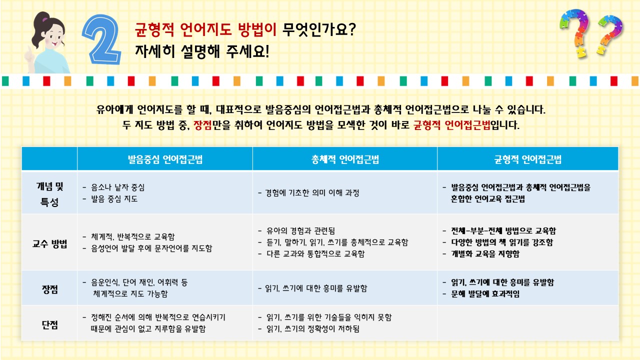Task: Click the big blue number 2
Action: click(102, 40)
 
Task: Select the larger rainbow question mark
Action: click(575, 33)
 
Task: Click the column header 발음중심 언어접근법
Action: click(165, 159)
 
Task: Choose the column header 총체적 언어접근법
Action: click(345, 159)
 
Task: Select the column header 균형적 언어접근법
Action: click(527, 159)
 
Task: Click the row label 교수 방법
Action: click(49, 243)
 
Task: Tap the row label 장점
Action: click(49, 289)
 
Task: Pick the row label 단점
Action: click(49, 324)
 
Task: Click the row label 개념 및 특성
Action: click(49, 194)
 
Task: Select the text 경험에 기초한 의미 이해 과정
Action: click(312, 193)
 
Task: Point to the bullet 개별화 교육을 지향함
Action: click(485, 253)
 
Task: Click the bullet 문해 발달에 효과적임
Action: click(485, 293)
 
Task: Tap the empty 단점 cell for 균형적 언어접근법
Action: click(527, 323)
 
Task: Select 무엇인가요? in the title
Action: click(319, 29)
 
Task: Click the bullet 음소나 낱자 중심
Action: click(117, 187)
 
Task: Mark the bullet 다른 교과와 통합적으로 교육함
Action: click(315, 253)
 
